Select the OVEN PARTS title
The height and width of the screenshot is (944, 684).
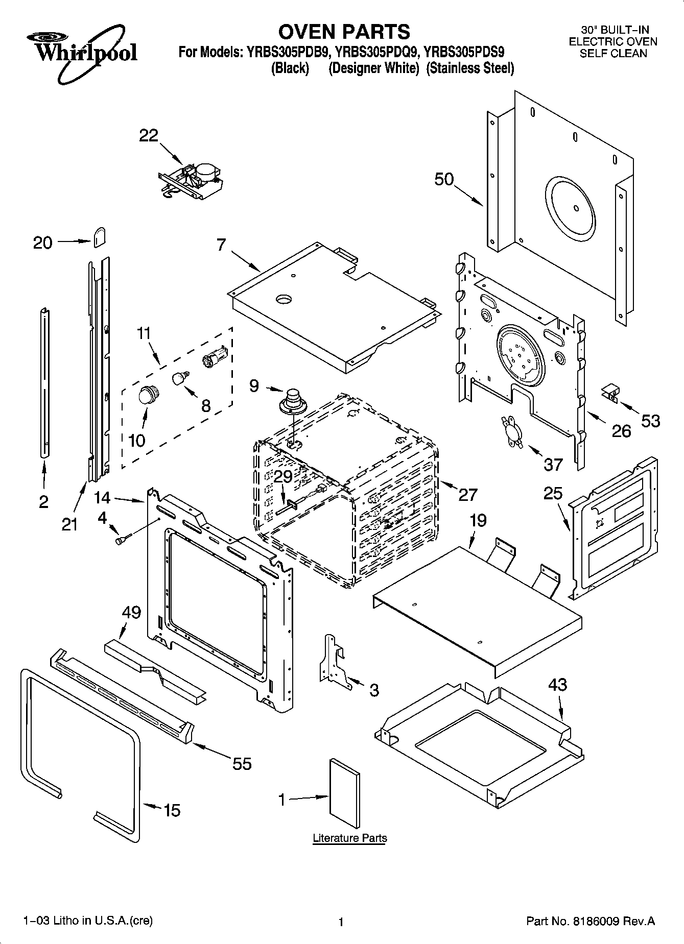click(x=344, y=32)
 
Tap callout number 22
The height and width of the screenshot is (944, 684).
click(x=149, y=135)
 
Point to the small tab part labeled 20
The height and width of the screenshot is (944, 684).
click(x=100, y=237)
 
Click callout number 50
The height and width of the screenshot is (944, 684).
click(x=444, y=179)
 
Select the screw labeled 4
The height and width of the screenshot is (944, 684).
click(x=123, y=539)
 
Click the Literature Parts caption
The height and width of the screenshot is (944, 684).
click(x=349, y=838)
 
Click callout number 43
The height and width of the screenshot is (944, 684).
click(x=557, y=684)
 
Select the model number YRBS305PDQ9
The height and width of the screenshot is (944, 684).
click(x=378, y=52)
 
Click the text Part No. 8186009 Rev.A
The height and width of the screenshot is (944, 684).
click(x=590, y=921)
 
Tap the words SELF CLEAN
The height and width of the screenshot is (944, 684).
click(x=613, y=53)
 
